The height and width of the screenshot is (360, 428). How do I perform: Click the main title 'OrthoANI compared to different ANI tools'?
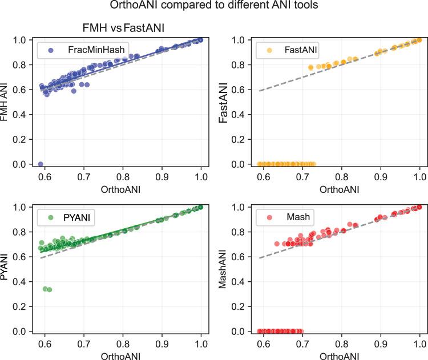214,7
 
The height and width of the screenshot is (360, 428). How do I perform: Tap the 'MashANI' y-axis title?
226,269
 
